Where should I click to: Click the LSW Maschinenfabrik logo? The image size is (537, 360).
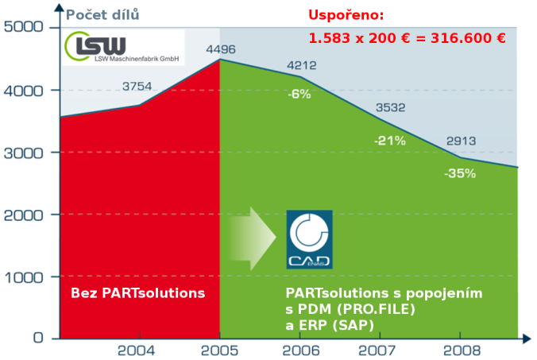[x=123, y=47]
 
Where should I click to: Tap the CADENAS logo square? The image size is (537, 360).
[x=310, y=239]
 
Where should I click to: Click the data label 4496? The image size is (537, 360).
[x=221, y=49]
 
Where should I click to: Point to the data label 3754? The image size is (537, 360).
[x=137, y=87]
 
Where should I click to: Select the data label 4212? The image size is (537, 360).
[x=302, y=65]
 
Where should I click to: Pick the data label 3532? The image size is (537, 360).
[x=390, y=107]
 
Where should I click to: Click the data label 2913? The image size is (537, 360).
[x=461, y=141]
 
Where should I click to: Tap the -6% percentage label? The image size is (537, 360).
[x=299, y=94]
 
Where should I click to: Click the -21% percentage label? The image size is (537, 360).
[x=390, y=141]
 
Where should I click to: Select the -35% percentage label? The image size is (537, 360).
[x=460, y=173]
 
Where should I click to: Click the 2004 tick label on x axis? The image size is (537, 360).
[x=137, y=350]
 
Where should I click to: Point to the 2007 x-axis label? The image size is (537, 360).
[x=377, y=350]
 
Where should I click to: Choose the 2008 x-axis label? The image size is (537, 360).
[x=462, y=350]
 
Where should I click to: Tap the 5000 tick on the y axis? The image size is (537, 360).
[x=24, y=27]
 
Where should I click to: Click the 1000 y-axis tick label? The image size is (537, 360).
[x=24, y=277]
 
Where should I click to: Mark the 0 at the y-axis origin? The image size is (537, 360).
[x=38, y=338]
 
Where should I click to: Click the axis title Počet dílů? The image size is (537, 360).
[x=102, y=15]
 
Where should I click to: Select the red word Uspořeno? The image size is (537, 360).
[x=346, y=15]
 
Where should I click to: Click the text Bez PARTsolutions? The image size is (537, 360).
[x=137, y=293]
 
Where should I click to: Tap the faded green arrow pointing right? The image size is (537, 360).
[x=253, y=238]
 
